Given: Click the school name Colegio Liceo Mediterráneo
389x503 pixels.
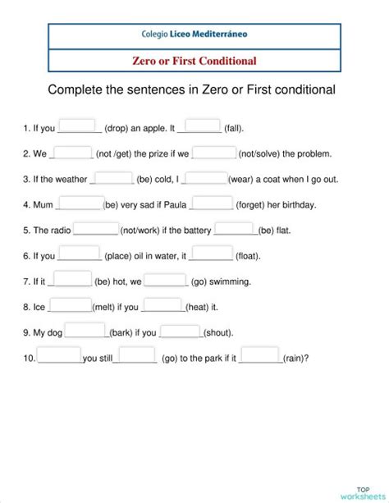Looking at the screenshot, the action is pos(194,35).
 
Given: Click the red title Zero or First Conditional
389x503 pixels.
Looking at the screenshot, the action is pos(194,61).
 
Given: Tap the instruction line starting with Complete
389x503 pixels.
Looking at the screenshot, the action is pos(192,89).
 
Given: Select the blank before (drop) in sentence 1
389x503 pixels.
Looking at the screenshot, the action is pos(80,126).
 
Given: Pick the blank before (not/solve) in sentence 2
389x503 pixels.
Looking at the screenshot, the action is pos(214,152).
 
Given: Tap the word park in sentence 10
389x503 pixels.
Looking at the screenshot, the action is pos(208,359).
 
